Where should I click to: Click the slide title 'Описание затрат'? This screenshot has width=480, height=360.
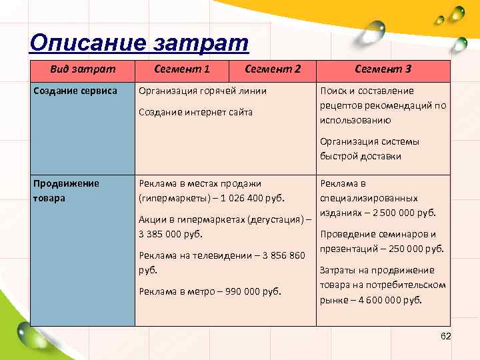click(139, 43)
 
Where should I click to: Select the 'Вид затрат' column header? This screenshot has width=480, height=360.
click(83, 69)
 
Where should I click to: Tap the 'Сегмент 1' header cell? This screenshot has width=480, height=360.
click(182, 69)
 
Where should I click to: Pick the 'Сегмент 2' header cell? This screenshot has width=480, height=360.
click(273, 69)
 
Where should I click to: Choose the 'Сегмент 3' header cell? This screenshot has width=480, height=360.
click(383, 69)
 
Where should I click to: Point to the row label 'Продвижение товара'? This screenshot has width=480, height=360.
click(66, 191)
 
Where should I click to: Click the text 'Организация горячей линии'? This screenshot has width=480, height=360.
click(203, 91)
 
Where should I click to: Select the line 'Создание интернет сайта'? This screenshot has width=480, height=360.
click(195, 112)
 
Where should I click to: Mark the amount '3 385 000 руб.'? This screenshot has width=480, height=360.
click(171, 234)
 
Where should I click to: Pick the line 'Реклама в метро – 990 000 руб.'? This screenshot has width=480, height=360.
click(210, 291)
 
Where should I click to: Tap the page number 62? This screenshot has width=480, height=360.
click(446, 336)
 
